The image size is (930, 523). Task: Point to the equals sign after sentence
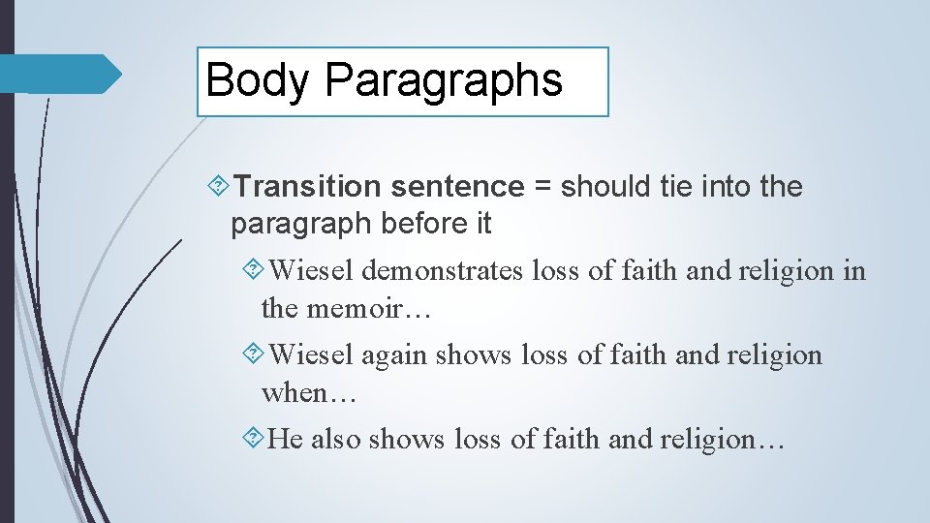pyautogui.click(x=542, y=186)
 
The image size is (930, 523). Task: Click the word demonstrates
pyautogui.click(x=444, y=271)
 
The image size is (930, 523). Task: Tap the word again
pyautogui.click(x=394, y=355)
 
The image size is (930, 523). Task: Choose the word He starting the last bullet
pyautogui.click(x=285, y=440)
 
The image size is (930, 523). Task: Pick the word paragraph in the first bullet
pyautogui.click(x=301, y=225)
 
